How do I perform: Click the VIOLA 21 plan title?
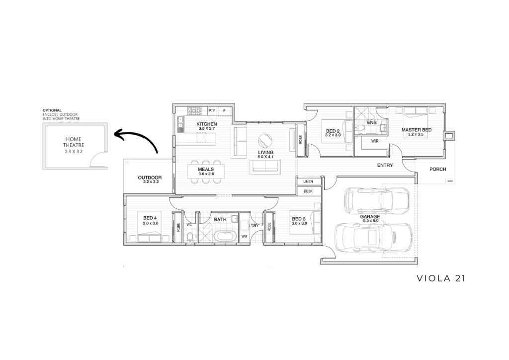(441, 278)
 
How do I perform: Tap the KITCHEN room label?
(206, 124)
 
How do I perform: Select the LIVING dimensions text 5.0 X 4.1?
(265, 157)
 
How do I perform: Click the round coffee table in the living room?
(265, 141)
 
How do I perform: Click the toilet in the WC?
(190, 237)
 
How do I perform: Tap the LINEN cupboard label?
(308, 182)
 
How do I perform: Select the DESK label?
(308, 191)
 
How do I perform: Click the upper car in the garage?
(377, 200)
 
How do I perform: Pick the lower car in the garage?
(374, 238)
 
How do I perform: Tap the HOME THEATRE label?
(74, 142)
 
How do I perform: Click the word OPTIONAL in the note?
(52, 110)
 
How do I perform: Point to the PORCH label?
(437, 169)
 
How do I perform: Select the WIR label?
(375, 141)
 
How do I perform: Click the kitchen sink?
(180, 124)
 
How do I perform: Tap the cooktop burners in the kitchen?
(194, 111)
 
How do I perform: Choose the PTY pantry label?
(212, 111)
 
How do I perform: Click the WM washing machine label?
(244, 236)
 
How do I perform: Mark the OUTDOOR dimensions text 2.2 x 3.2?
(151, 182)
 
